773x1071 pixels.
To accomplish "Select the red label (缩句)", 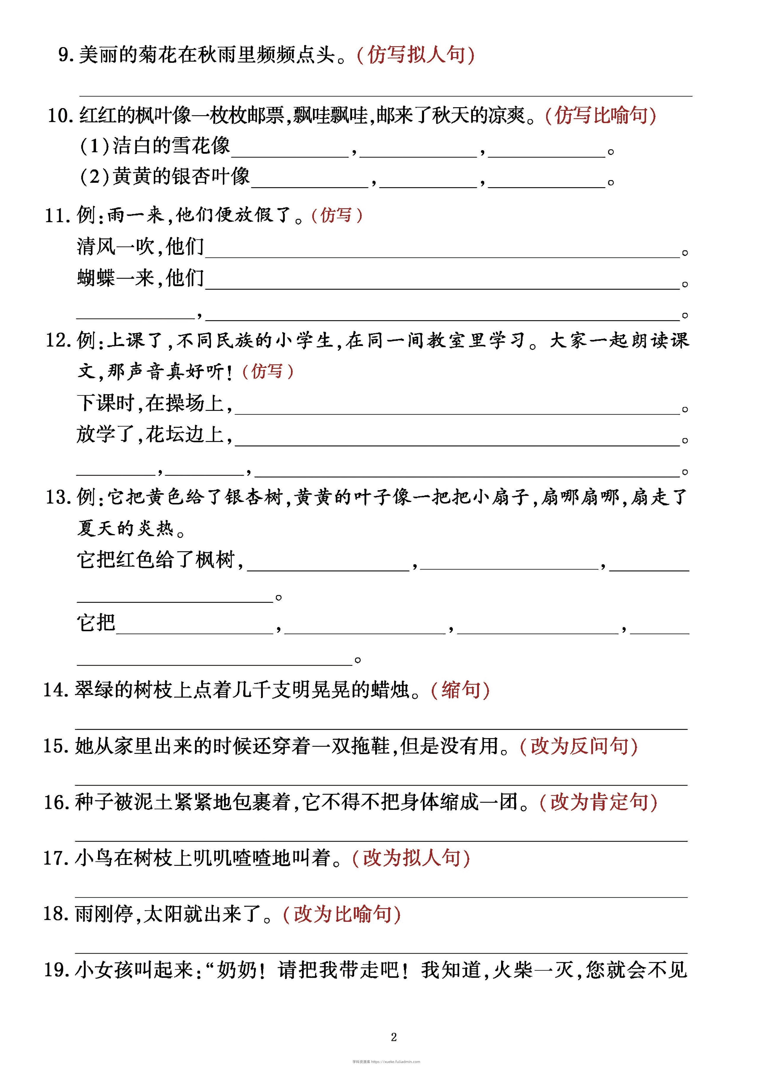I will click(461, 690).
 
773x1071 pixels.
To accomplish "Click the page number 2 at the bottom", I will click(394, 1037).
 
